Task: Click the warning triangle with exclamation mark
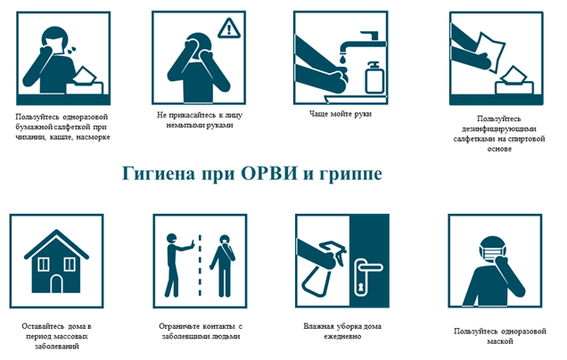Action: pos(229,29)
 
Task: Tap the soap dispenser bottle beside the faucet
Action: pos(374,77)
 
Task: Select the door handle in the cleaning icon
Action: pos(368,268)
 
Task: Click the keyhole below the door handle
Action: pos(360,287)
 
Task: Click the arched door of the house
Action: pos(57,283)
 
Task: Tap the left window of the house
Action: pos(44,265)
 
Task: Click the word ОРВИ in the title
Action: pos(269,174)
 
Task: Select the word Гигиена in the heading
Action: pos(159,174)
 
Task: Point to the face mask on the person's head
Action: pos(492,253)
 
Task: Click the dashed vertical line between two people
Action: pos(200,265)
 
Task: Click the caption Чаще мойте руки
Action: pos(341,114)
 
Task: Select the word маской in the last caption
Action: pos(500,341)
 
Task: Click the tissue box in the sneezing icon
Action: pos(86,83)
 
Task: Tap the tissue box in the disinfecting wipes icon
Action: pos(514,82)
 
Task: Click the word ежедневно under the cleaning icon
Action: pos(342,337)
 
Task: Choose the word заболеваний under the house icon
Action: pos(57,347)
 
